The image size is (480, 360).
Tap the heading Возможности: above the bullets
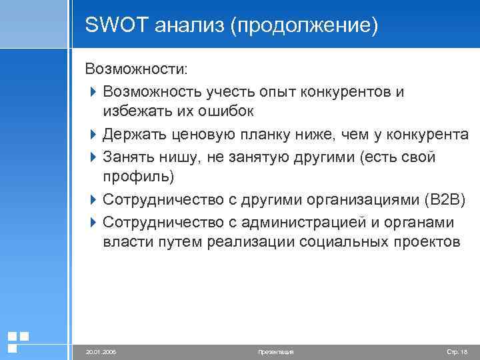[x=136, y=69]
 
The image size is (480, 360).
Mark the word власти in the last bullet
[x=128, y=242]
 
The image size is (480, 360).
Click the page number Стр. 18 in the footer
[x=456, y=351]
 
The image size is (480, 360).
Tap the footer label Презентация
[x=275, y=351]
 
